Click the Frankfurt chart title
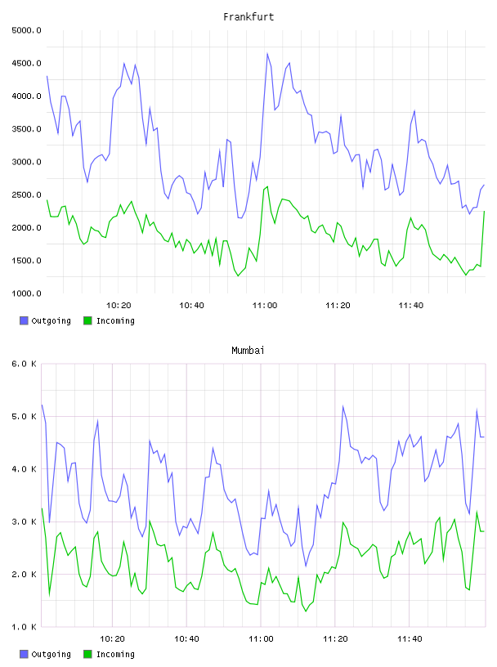click(x=248, y=17)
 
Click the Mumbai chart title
click(x=248, y=351)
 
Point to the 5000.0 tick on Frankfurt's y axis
click(x=26, y=30)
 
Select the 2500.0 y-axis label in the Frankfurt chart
click(x=26, y=195)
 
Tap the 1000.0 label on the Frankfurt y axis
click(x=26, y=293)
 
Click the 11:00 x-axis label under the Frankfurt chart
click(x=265, y=306)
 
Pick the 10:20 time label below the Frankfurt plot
click(x=119, y=306)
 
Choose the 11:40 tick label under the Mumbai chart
click(x=410, y=639)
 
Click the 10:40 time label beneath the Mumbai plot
click(x=187, y=639)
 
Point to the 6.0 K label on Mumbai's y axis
click(x=25, y=364)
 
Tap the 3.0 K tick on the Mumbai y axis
click(x=25, y=522)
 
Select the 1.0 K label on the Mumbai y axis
click(x=25, y=627)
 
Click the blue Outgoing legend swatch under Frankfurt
click(x=24, y=320)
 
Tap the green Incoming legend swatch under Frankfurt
click(x=87, y=320)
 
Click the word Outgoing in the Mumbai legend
click(x=51, y=654)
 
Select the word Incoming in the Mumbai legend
click(x=115, y=654)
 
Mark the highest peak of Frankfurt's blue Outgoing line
click(x=267, y=53)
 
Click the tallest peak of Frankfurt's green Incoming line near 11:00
click(x=267, y=186)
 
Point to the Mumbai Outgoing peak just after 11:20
click(x=343, y=405)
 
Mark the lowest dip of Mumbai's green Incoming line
click(x=306, y=611)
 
